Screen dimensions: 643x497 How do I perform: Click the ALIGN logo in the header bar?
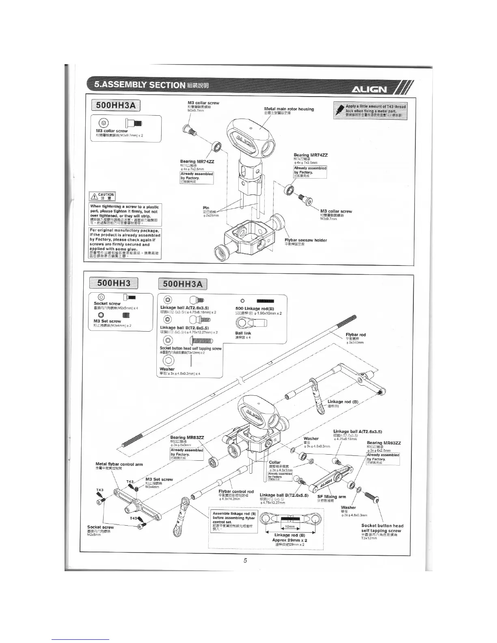369,90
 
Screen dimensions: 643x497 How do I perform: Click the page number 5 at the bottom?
245,561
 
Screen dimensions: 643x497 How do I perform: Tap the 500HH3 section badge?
113,284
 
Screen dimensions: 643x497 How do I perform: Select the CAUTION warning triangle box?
103,196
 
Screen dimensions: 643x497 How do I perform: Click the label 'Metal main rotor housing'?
289,109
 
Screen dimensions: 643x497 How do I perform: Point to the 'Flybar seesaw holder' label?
305,240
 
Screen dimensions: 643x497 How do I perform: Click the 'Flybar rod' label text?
356,334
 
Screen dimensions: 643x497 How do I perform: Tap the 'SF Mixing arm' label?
331,496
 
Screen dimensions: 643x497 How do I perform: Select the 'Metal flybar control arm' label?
119,464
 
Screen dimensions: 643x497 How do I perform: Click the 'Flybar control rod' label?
236,492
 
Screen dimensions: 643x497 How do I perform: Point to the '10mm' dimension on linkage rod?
290,526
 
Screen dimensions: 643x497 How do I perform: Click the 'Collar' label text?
275,462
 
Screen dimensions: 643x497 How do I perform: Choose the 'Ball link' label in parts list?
243,333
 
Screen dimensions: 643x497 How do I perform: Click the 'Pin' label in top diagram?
206,208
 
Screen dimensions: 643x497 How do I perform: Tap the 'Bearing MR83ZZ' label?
187,437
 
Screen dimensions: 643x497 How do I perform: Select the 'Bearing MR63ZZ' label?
384,443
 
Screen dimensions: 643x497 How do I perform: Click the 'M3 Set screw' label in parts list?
107,321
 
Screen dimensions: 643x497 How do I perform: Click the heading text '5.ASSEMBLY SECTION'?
140,85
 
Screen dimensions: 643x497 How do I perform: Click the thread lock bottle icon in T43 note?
339,110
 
